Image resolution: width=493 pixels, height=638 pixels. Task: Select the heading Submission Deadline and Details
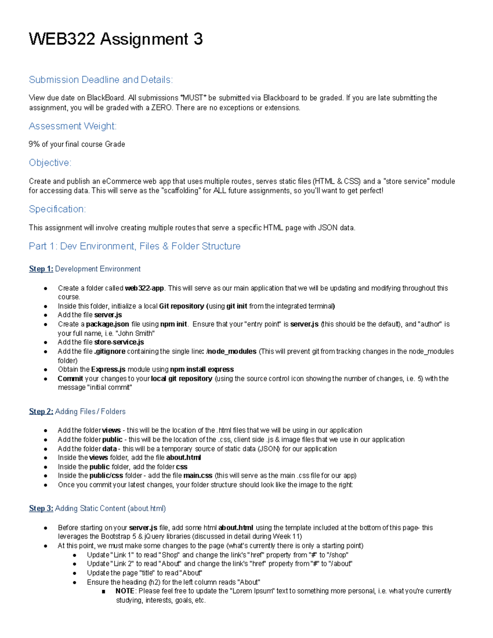click(101, 80)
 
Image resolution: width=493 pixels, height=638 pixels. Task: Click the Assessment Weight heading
click(73, 126)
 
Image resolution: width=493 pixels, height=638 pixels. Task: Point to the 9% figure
click(34, 144)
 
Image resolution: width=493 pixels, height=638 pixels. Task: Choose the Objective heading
click(50, 163)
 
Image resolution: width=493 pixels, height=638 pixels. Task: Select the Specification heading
click(58, 209)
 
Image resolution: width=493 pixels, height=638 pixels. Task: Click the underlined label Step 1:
click(41, 269)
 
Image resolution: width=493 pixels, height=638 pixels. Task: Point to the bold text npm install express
click(202, 369)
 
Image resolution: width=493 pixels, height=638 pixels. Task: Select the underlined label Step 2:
click(41, 412)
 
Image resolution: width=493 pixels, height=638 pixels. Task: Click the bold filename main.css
click(198, 476)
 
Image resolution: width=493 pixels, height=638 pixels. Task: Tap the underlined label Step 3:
click(41, 509)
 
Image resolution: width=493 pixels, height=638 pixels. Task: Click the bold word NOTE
click(125, 591)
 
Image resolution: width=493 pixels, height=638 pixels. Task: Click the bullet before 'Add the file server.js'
click(46, 316)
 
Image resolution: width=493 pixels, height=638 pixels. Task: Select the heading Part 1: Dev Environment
click(134, 246)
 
